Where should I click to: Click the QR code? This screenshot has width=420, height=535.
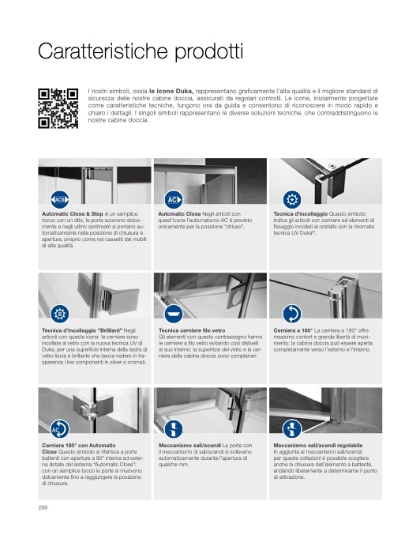[x=58, y=108]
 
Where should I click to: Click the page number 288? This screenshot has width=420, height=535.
[x=43, y=507]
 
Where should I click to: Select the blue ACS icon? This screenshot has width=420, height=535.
[x=60, y=199]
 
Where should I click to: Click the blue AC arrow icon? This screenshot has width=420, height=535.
[x=174, y=199]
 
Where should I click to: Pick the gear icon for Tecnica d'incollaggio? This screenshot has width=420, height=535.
[x=292, y=199]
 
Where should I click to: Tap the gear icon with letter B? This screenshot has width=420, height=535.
[x=60, y=314]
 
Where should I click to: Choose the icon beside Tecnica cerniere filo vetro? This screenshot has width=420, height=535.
[x=174, y=314]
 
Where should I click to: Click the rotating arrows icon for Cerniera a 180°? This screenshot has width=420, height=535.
[x=292, y=314]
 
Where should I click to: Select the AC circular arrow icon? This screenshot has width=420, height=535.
[x=60, y=429]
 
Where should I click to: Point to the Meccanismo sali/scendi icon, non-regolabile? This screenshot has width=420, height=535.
[x=174, y=429]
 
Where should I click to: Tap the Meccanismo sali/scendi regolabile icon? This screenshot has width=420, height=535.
[x=292, y=429]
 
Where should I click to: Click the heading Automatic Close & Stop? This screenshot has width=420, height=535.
[x=73, y=214]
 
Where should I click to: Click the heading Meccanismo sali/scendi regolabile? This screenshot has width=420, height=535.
[x=317, y=445]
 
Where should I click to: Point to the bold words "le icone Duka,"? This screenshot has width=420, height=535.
[x=171, y=91]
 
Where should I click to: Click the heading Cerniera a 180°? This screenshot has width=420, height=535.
[x=293, y=330]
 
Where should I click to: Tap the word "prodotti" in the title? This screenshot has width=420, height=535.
[x=209, y=52]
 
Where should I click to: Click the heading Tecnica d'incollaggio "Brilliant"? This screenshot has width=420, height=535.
[x=82, y=330]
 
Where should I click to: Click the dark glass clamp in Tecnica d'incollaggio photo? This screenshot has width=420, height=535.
[x=336, y=183]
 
